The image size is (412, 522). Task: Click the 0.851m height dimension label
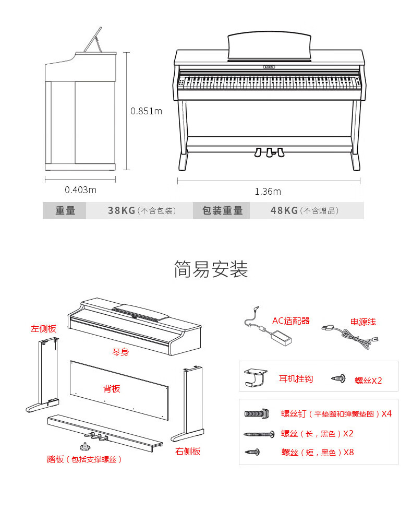(x=146, y=111)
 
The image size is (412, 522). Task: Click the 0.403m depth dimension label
(x=80, y=189)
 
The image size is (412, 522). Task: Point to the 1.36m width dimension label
(x=268, y=192)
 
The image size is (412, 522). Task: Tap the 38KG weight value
(x=122, y=210)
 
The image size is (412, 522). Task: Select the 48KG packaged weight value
(x=284, y=210)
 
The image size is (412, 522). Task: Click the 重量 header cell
(x=65, y=210)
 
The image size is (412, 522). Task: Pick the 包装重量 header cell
(x=222, y=210)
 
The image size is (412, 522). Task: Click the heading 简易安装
(x=211, y=269)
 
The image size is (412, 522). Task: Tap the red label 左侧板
(x=43, y=328)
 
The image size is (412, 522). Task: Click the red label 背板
(x=112, y=388)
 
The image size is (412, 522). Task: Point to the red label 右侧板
(x=188, y=451)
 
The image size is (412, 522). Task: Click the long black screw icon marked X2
(x=259, y=434)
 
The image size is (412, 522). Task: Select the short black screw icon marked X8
(x=253, y=452)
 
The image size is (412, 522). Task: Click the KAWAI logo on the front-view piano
(x=270, y=67)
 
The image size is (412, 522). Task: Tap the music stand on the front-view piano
(x=269, y=46)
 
